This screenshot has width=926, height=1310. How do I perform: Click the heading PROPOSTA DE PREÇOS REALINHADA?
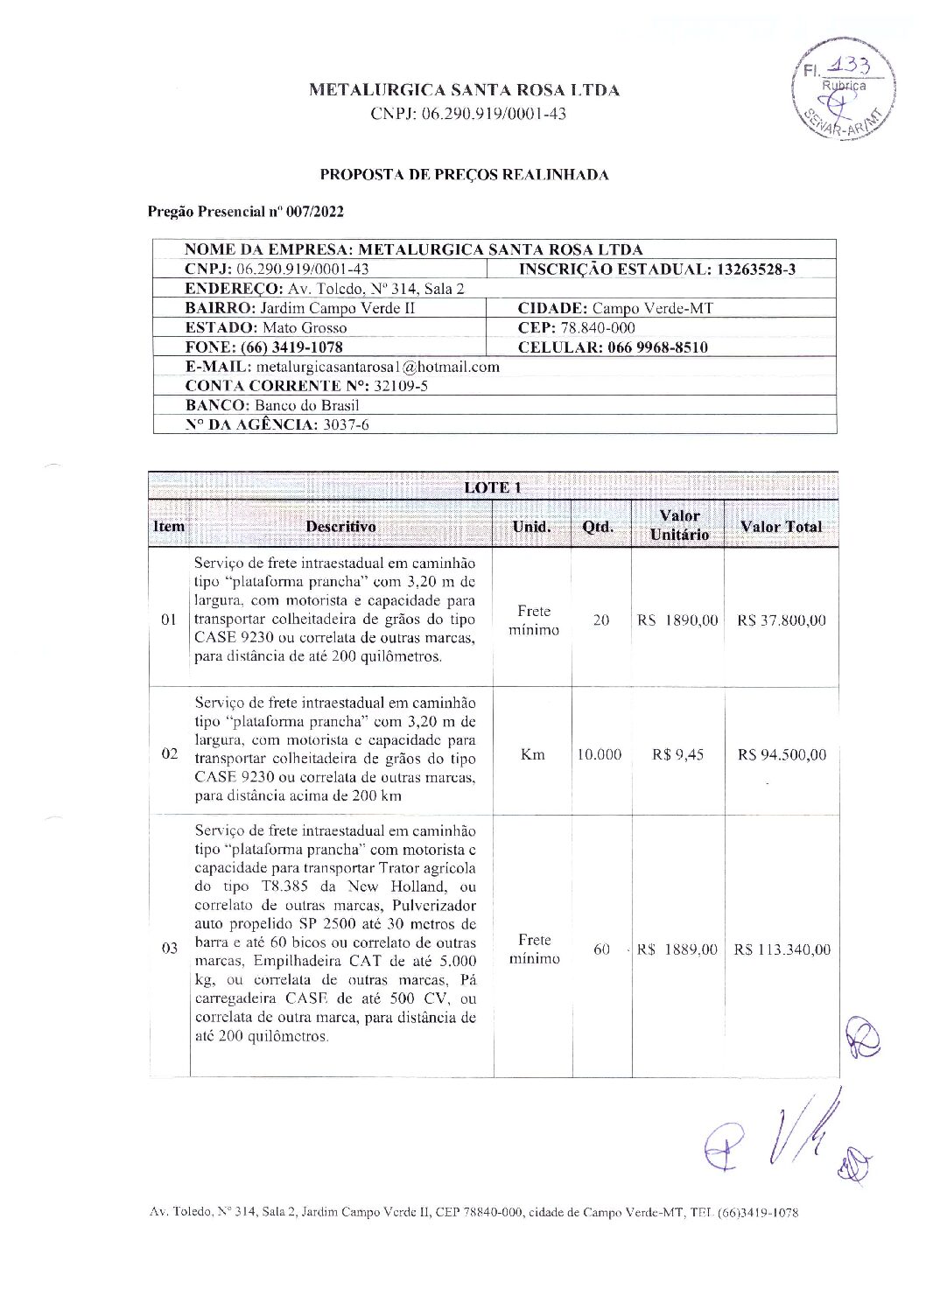[x=464, y=174]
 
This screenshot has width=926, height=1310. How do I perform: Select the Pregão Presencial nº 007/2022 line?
[x=246, y=212]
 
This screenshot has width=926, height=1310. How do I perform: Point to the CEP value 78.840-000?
[x=596, y=328]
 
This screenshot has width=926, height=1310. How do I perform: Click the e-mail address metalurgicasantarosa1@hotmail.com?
[x=377, y=367]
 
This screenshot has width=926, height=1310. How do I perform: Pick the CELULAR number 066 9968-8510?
[x=649, y=347]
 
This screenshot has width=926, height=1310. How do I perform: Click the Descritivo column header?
[x=340, y=526]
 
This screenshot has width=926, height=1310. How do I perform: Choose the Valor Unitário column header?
[x=679, y=525]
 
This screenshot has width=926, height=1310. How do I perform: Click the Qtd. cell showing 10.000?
[x=600, y=754]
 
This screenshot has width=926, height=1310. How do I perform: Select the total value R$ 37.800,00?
[x=782, y=620]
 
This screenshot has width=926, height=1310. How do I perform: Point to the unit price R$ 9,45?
[x=677, y=754]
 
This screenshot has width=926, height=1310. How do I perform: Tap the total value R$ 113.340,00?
[x=782, y=949]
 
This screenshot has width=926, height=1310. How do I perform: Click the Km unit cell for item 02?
[x=532, y=754]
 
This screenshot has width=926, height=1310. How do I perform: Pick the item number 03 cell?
[x=169, y=949]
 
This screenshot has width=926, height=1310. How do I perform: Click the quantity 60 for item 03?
[x=601, y=949]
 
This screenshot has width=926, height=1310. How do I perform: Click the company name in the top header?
[x=464, y=90]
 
